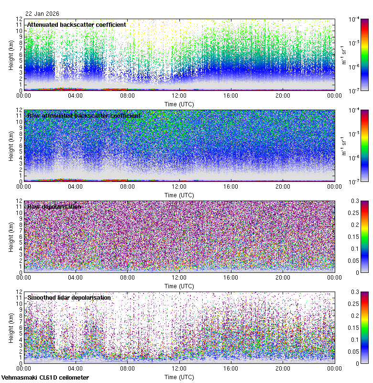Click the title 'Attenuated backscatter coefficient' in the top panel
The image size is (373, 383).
click(x=77, y=24)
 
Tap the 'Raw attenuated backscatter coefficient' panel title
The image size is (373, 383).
click(x=84, y=115)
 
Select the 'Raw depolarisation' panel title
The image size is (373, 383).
click(x=54, y=206)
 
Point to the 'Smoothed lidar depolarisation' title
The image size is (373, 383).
click(x=69, y=297)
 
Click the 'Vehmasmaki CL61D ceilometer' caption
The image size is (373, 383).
click(x=45, y=378)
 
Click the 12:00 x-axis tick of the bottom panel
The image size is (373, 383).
click(x=179, y=368)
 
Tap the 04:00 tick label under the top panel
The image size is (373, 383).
click(x=76, y=95)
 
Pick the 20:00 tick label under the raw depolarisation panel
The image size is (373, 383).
click(x=283, y=277)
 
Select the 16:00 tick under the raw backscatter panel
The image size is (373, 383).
click(x=231, y=186)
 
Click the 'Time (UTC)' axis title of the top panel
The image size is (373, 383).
click(x=179, y=104)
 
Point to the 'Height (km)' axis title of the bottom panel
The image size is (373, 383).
click(x=11, y=327)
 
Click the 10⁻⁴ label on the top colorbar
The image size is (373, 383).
click(x=354, y=20)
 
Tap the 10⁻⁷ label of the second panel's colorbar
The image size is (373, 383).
click(x=354, y=181)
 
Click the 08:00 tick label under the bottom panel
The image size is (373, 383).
click(x=127, y=368)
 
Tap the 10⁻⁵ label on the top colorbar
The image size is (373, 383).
click(x=354, y=43)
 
